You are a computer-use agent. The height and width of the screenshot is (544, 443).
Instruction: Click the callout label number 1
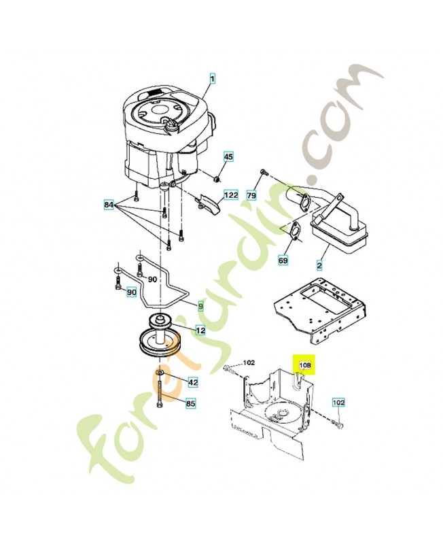point(211,80)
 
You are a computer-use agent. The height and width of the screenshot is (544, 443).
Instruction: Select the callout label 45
point(228,157)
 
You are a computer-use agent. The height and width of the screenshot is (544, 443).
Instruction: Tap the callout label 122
point(231,195)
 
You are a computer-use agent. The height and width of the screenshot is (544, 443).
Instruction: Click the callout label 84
point(109,204)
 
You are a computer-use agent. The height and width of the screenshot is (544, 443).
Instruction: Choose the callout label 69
point(283,260)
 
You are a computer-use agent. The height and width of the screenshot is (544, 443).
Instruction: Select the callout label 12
point(200,330)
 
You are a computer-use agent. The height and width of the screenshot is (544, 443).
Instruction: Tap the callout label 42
point(193,382)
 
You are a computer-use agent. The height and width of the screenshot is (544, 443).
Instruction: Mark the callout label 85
point(191,404)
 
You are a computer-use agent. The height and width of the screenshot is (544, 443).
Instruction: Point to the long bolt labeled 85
point(160,394)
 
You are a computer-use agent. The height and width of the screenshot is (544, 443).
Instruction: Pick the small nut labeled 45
point(216,178)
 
